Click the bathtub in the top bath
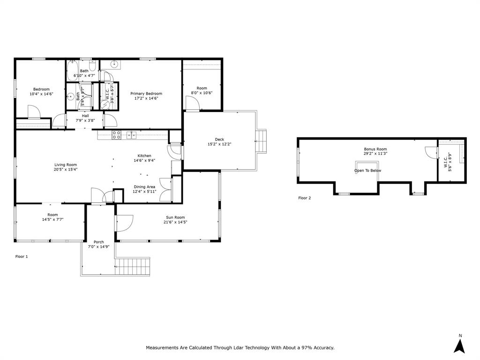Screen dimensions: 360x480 coord(72,71)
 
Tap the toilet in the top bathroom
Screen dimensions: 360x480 coord(92,65)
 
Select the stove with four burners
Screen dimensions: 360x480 coord(116,135)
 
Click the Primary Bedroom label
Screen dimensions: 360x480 coord(146,93)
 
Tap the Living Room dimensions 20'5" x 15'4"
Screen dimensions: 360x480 coord(65,170)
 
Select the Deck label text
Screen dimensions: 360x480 coord(219,139)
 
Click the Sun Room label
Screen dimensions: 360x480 coord(175,217)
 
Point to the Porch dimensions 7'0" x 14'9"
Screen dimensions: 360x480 coord(98,247)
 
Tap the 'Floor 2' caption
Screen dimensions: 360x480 coord(304,198)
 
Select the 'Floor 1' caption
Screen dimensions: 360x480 coord(22,256)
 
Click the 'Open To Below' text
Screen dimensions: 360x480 coord(367,171)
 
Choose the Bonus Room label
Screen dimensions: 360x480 coord(375,149)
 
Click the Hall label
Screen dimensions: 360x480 coord(85,116)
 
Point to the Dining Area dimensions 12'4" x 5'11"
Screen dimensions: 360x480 coord(144,192)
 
